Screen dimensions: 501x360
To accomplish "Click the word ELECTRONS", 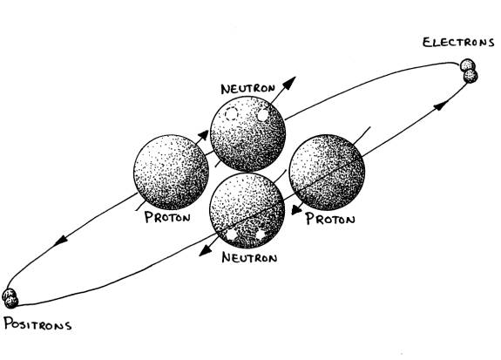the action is pyautogui.click(x=458, y=43).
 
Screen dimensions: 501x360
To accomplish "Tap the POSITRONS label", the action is pyautogui.click(x=37, y=323).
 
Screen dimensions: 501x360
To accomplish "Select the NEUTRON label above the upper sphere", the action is pyautogui.click(x=248, y=89).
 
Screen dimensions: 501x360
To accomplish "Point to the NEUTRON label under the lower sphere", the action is pyautogui.click(x=249, y=257).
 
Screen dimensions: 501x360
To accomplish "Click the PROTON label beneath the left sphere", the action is pyautogui.click(x=167, y=217).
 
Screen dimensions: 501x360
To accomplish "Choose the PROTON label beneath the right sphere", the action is pyautogui.click(x=330, y=219).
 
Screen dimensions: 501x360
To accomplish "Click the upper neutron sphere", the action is pyautogui.click(x=247, y=133).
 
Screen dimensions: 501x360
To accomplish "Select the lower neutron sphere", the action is pyautogui.click(x=247, y=211).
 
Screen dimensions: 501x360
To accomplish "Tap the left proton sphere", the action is pyautogui.click(x=172, y=172).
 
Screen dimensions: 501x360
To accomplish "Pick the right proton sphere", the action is pyautogui.click(x=327, y=173).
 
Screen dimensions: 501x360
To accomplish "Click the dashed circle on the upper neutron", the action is pyautogui.click(x=231, y=114).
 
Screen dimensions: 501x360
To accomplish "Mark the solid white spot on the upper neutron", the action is pyautogui.click(x=262, y=115).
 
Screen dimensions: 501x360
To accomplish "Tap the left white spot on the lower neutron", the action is pyautogui.click(x=231, y=234).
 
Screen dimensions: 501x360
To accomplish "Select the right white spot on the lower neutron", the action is pyautogui.click(x=261, y=234).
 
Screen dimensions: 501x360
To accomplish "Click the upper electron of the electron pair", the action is pyautogui.click(x=467, y=65).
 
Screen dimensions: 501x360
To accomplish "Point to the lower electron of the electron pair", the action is pyautogui.click(x=471, y=76).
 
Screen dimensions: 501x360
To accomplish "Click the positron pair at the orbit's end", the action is pyautogui.click(x=10, y=298).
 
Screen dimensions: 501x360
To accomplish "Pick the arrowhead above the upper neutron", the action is pyautogui.click(x=288, y=83).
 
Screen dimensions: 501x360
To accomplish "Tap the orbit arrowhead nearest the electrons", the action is pyautogui.click(x=441, y=105).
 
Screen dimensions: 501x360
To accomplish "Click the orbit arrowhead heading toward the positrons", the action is pyautogui.click(x=60, y=240).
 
